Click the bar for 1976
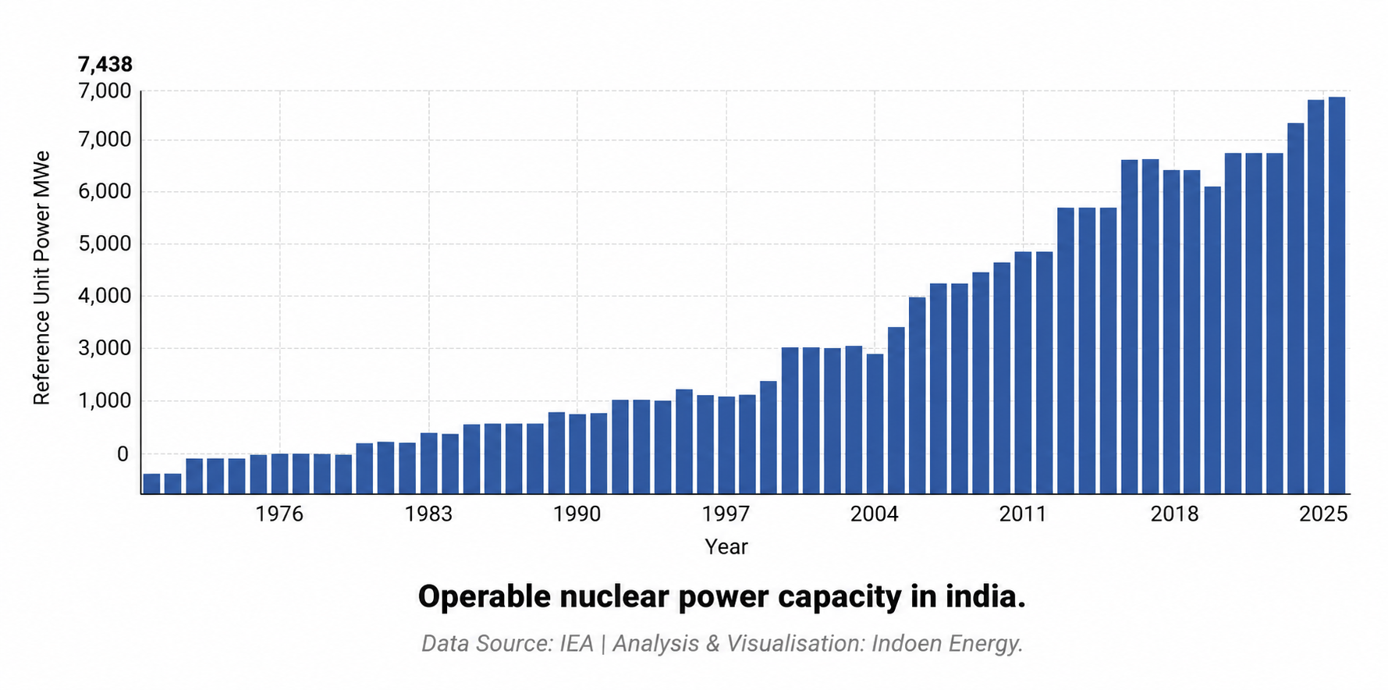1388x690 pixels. pyautogui.click(x=279, y=474)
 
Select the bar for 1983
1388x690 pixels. pyautogui.click(x=428, y=464)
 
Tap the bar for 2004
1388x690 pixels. pyautogui.click(x=875, y=424)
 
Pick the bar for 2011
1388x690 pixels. pyautogui.click(x=1023, y=373)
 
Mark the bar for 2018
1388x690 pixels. pyautogui.click(x=1172, y=332)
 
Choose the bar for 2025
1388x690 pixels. pyautogui.click(x=1315, y=297)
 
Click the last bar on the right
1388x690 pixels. pyautogui.click(x=1337, y=296)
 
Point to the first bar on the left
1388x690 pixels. pyautogui.click(x=151, y=484)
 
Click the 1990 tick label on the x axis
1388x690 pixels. pyautogui.click(x=577, y=514)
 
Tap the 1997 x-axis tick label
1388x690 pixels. pyautogui.click(x=726, y=514)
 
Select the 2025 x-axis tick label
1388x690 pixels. pyautogui.click(x=1323, y=514)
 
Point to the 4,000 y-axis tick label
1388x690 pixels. pyautogui.click(x=104, y=296)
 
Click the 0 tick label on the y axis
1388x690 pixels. pyautogui.click(x=122, y=453)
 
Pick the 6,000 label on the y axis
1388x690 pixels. pyautogui.click(x=104, y=192)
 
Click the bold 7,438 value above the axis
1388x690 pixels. pyautogui.click(x=105, y=64)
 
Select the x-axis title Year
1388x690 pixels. pyautogui.click(x=726, y=547)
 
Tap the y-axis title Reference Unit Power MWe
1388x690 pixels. pyautogui.click(x=41, y=278)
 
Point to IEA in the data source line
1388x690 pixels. pyautogui.click(x=577, y=644)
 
